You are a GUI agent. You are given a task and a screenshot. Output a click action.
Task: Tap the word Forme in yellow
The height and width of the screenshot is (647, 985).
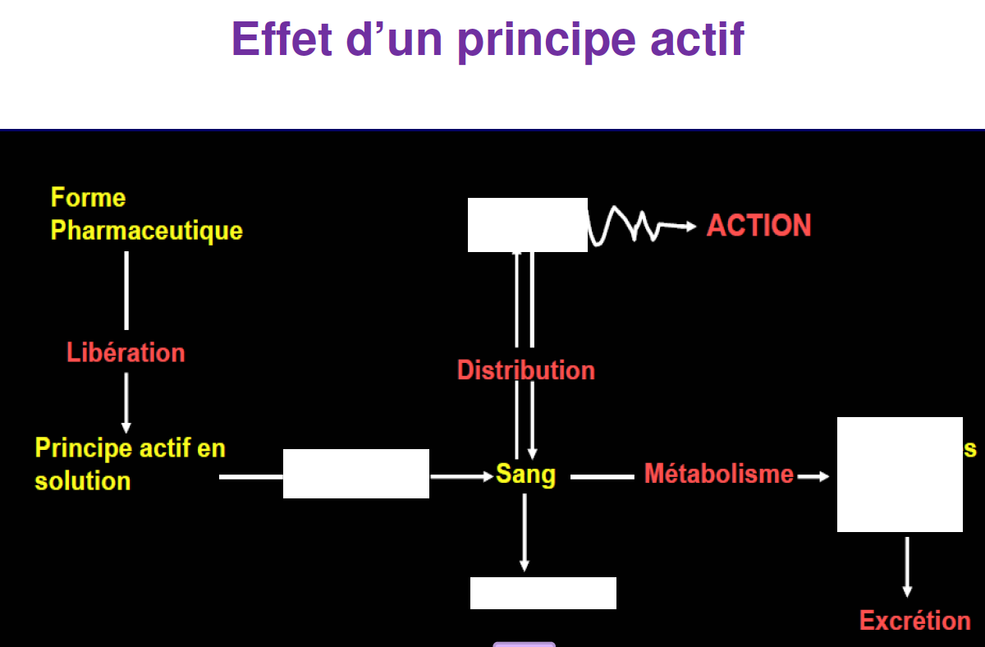pyautogui.click(x=89, y=198)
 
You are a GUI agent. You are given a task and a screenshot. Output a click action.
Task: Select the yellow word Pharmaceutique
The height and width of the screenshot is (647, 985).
pyautogui.click(x=147, y=230)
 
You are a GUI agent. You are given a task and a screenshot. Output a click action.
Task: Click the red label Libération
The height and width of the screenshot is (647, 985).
pyautogui.click(x=126, y=353)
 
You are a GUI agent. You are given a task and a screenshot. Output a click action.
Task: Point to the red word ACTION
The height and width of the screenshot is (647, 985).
pyautogui.click(x=758, y=226)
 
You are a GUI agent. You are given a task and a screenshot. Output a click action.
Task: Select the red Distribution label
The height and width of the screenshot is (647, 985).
pyautogui.click(x=525, y=370)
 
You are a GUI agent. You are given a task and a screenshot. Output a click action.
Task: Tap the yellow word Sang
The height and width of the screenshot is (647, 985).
pyautogui.click(x=525, y=475)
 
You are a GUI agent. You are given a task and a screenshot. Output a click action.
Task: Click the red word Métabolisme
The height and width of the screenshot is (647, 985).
pyautogui.click(x=719, y=474)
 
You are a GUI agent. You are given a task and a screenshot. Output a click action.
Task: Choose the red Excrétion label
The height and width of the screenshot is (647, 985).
pyautogui.click(x=914, y=621)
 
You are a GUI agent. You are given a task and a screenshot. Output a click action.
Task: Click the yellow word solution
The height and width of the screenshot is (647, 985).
pyautogui.click(x=83, y=481)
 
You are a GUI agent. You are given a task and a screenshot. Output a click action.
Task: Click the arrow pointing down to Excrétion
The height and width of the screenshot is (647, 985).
pyautogui.click(x=907, y=567)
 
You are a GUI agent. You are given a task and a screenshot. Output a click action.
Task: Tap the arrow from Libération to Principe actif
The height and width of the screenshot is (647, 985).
pyautogui.click(x=126, y=402)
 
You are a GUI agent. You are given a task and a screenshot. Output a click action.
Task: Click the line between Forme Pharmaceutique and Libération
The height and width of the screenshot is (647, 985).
pyautogui.click(x=126, y=290)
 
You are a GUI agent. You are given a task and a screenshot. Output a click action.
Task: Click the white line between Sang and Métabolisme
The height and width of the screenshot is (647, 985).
pyautogui.click(x=602, y=475)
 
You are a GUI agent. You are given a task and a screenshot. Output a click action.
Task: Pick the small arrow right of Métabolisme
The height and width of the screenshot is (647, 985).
pyautogui.click(x=813, y=475)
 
